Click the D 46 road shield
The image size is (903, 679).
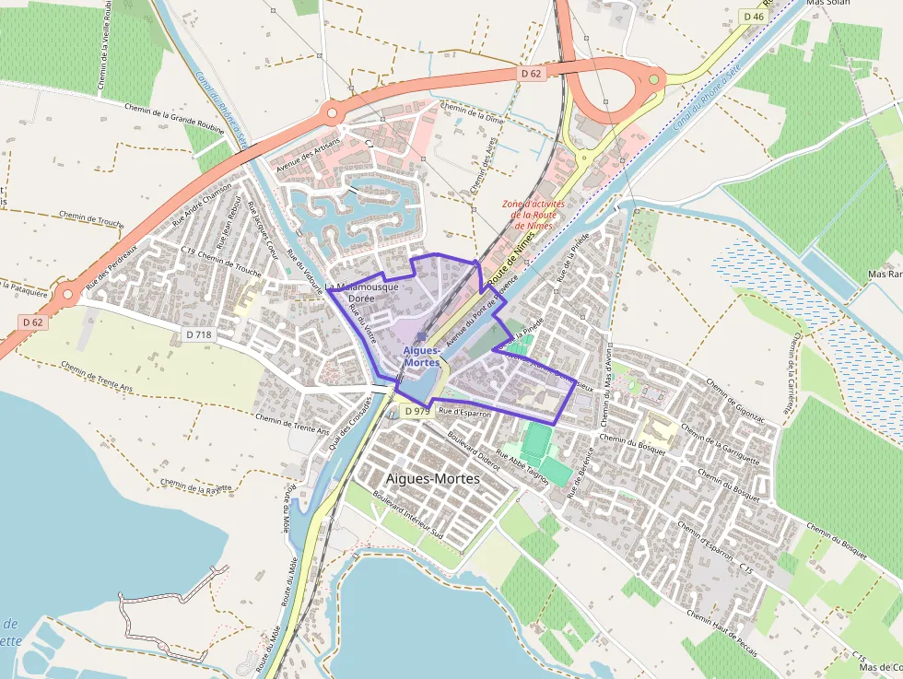pyautogui.click(x=752, y=17)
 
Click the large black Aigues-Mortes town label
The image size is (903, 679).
pyautogui.click(x=432, y=478)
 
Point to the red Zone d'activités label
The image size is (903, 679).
pyautogui.click(x=534, y=214)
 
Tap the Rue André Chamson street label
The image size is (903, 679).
pyautogui.click(x=203, y=205)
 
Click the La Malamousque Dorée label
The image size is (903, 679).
pyautogui.click(x=362, y=292)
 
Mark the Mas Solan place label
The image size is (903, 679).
pyautogui.click(x=827, y=3)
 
